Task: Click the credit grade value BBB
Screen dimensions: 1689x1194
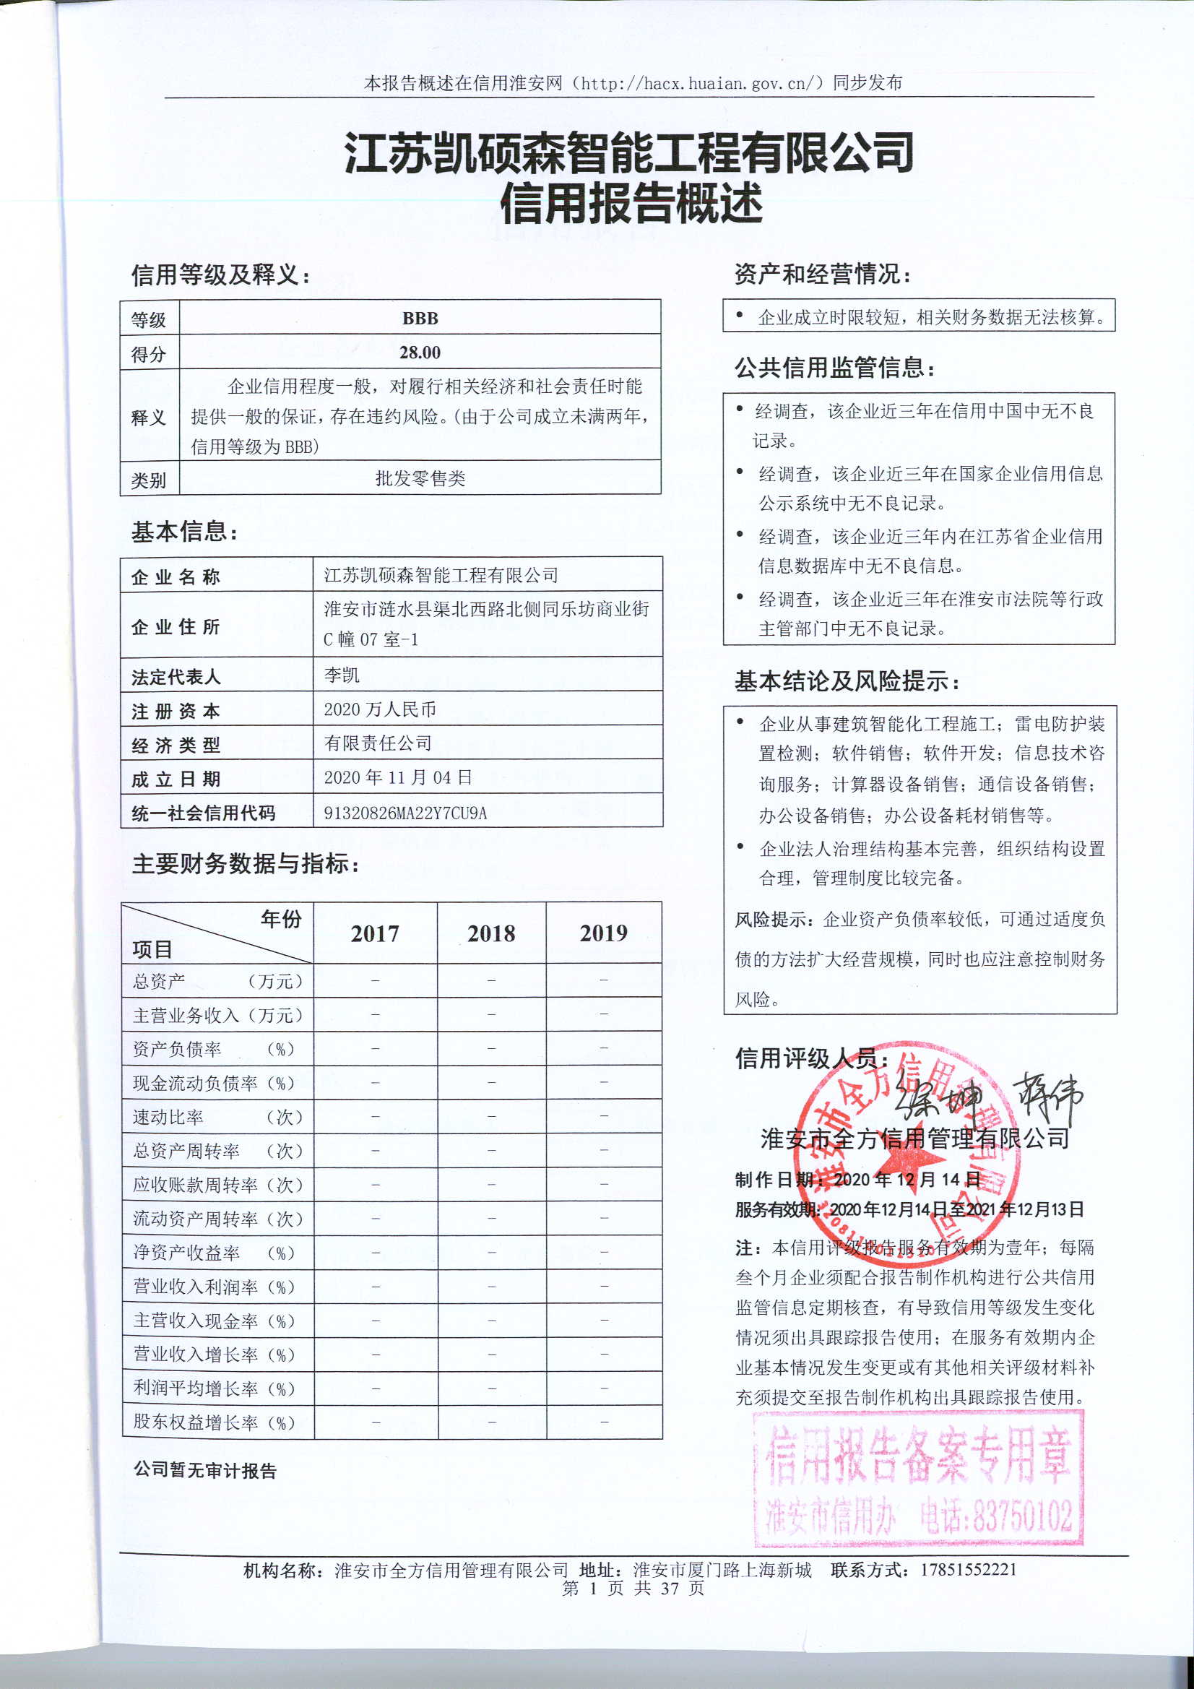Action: pos(420,319)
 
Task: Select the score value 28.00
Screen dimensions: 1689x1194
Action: pos(420,353)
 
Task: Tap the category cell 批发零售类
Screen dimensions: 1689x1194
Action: pos(420,479)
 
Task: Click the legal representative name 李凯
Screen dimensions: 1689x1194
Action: pos(342,675)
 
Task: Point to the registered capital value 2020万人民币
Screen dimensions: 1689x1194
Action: pos(380,709)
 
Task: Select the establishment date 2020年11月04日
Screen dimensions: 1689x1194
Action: pos(398,777)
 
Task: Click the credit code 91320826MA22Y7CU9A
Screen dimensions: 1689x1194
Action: pos(405,813)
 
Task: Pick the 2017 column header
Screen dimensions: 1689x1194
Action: pos(374,933)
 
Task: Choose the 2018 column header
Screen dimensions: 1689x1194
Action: pos(491,933)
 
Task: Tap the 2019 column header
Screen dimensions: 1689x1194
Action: pos(603,933)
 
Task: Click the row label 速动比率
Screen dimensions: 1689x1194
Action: pos(168,1117)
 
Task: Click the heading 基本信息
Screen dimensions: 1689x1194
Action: pos(184,532)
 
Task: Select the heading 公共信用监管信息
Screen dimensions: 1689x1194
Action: pos(834,367)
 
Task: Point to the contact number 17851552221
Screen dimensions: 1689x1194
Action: pos(968,1570)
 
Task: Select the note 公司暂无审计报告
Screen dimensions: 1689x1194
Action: pos(204,1471)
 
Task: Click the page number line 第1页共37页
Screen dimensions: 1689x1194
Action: pos(633,1588)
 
